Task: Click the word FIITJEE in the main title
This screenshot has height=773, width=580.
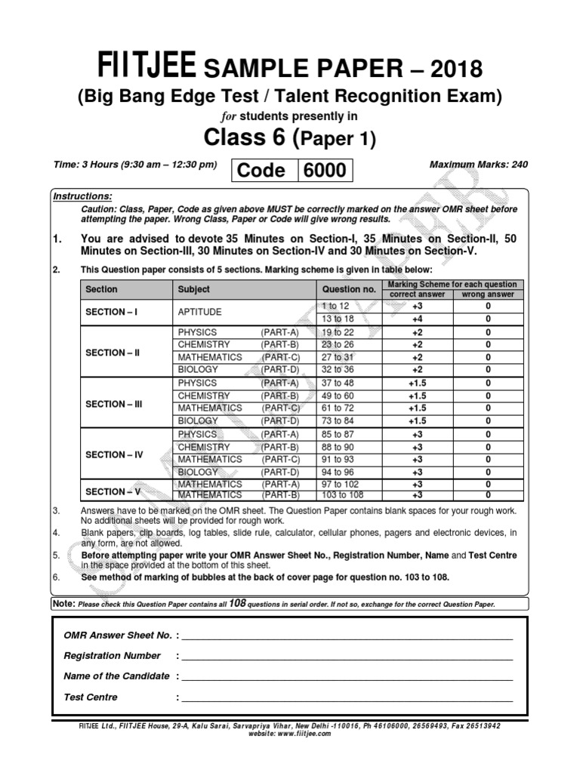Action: [144, 69]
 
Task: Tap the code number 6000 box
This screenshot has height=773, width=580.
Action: [325, 171]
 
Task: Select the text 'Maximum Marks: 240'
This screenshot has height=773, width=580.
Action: [478, 164]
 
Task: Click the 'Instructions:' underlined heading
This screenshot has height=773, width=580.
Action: [82, 196]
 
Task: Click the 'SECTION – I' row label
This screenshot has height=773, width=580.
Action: [111, 312]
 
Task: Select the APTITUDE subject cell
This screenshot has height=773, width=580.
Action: [201, 312]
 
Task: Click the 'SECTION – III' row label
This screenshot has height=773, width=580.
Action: [114, 404]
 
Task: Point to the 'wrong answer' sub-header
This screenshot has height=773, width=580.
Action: [488, 294]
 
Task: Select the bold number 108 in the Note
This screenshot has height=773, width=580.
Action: [239, 605]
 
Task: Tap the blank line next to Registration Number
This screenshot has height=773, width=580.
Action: [347, 656]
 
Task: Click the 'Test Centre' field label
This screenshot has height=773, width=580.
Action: [91, 697]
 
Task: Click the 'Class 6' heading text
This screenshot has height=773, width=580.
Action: [248, 138]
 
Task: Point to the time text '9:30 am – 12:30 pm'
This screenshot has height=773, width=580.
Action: [165, 164]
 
